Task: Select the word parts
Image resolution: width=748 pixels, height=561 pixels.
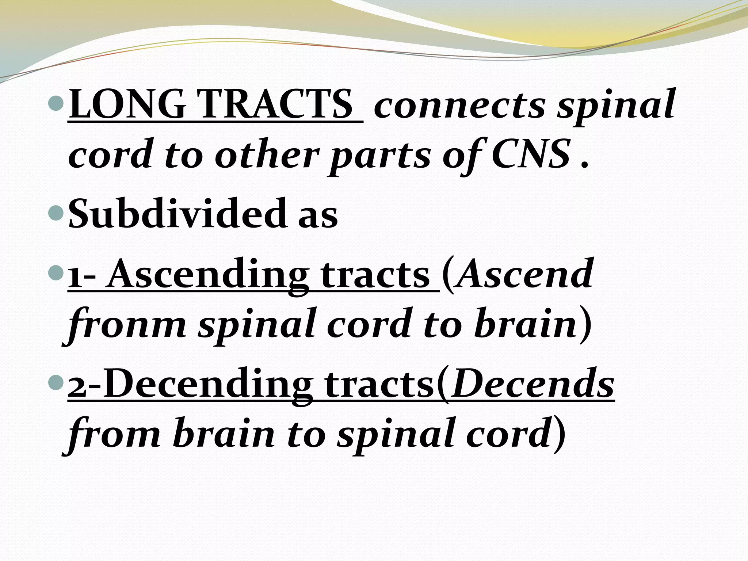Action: pyautogui.click(x=380, y=156)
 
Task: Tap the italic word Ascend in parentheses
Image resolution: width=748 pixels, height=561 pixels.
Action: pyautogui.click(x=524, y=275)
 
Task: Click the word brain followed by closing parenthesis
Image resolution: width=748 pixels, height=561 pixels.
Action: pyautogui.click(x=526, y=324)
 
